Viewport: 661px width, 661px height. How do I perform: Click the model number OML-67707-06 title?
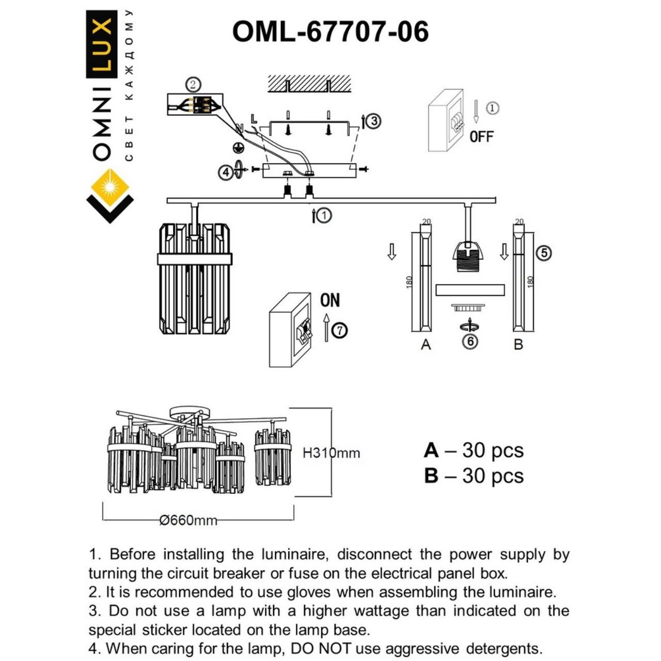pyautogui.click(x=330, y=32)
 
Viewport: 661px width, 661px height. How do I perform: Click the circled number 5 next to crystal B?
pyautogui.click(x=544, y=253)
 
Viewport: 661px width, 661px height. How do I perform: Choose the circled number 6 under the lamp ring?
pyautogui.click(x=469, y=341)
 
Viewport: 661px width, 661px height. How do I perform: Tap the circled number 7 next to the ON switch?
pyautogui.click(x=339, y=330)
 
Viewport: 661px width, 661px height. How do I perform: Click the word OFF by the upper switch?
pyautogui.click(x=481, y=137)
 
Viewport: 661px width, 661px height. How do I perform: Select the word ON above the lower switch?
pyautogui.click(x=330, y=301)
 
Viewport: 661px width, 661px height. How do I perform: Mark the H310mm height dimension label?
pyautogui.click(x=331, y=453)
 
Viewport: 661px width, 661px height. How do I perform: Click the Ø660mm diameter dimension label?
pyautogui.click(x=188, y=520)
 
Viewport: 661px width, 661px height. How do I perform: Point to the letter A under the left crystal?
pyautogui.click(x=426, y=344)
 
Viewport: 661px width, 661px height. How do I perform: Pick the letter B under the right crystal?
pyautogui.click(x=518, y=344)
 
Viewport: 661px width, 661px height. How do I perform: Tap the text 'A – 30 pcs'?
pyautogui.click(x=474, y=450)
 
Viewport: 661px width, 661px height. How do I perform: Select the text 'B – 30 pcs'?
pyautogui.click(x=474, y=476)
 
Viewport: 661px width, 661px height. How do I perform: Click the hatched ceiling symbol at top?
pyautogui.click(x=309, y=83)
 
